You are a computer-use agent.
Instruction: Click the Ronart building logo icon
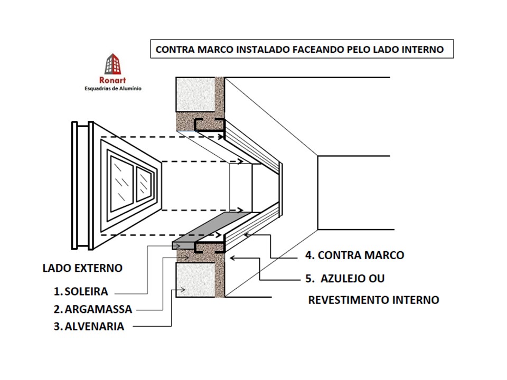click(x=112, y=65)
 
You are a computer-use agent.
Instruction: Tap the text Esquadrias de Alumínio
click(x=112, y=89)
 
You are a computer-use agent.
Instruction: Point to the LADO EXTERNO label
click(x=82, y=268)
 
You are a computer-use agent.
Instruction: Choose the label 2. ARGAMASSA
click(x=92, y=309)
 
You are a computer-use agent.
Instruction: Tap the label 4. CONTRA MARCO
click(x=354, y=255)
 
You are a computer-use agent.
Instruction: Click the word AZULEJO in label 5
click(x=355, y=278)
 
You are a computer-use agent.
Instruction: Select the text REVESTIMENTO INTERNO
click(x=373, y=300)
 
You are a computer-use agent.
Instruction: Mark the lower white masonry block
click(x=195, y=280)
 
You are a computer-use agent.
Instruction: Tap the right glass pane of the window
click(x=144, y=183)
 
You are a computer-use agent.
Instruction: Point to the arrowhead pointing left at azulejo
click(x=232, y=258)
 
